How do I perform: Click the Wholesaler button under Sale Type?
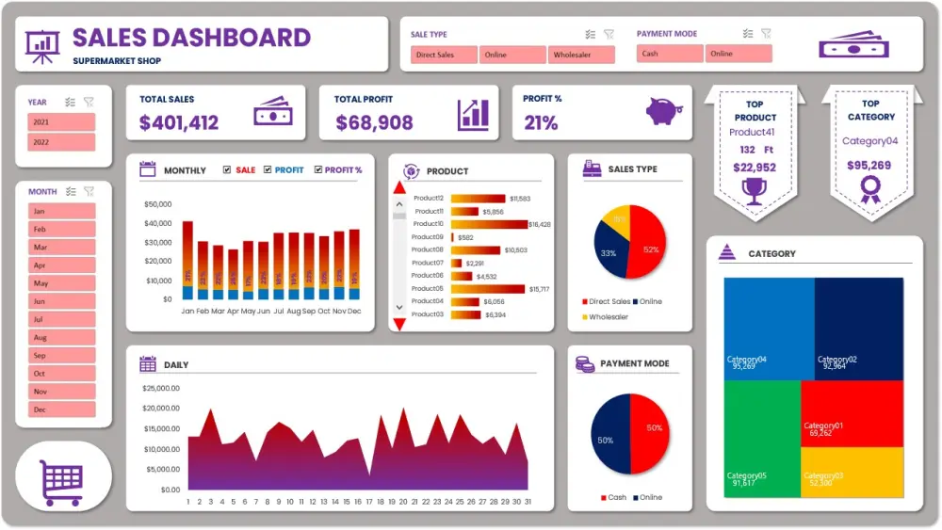pyautogui.click(x=581, y=55)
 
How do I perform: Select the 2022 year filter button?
pyautogui.click(x=62, y=142)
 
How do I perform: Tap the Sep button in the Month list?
pyautogui.click(x=62, y=356)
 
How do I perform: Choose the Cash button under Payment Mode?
pyautogui.click(x=670, y=54)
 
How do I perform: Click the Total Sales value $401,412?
pyautogui.click(x=179, y=122)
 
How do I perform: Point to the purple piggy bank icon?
pyautogui.click(x=665, y=112)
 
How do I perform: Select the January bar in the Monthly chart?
pyautogui.click(x=187, y=260)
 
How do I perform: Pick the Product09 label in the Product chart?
pyautogui.click(x=427, y=237)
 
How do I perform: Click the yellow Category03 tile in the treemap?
pyautogui.click(x=852, y=478)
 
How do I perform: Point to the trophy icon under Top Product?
pyautogui.click(x=755, y=191)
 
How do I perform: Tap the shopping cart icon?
pyautogui.click(x=62, y=481)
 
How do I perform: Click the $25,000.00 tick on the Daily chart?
pyautogui.click(x=161, y=388)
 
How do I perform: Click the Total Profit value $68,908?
pyautogui.click(x=374, y=122)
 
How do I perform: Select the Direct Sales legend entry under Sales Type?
pyautogui.click(x=607, y=302)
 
